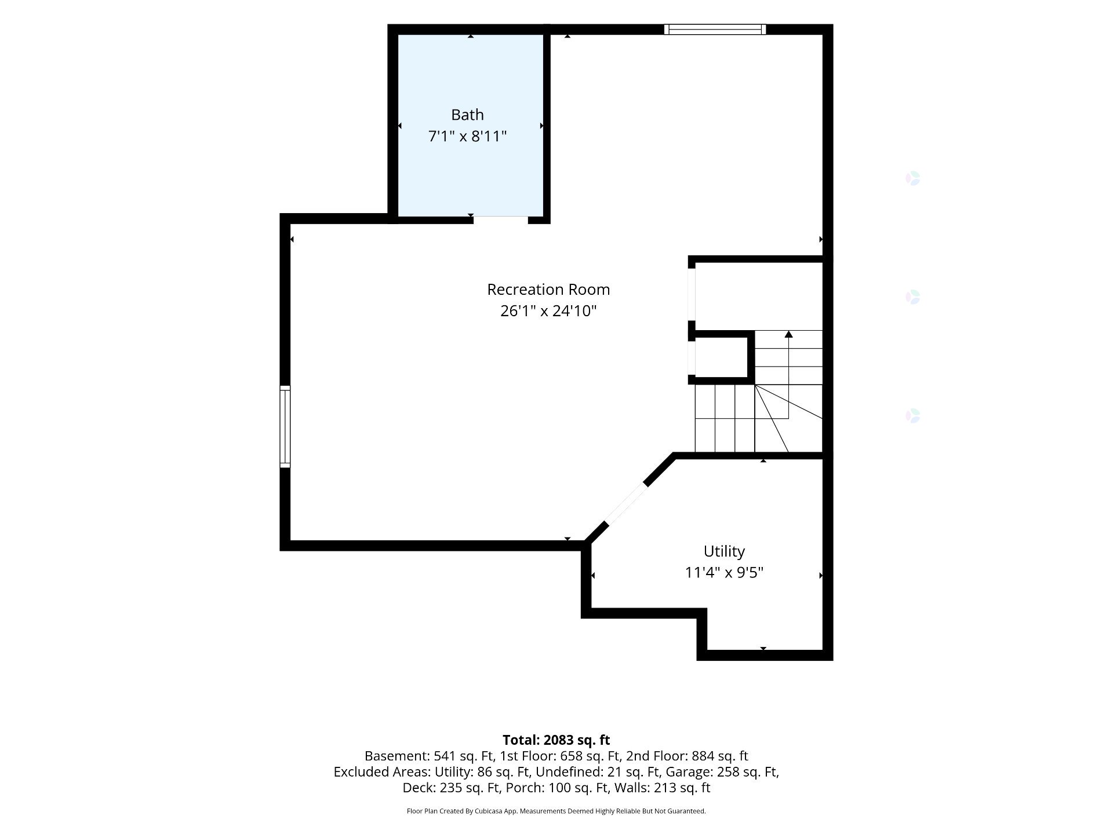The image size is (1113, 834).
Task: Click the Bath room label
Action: pyautogui.click(x=467, y=115)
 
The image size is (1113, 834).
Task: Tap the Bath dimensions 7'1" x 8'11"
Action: pyautogui.click(x=467, y=137)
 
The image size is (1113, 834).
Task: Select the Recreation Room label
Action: pyautogui.click(x=548, y=289)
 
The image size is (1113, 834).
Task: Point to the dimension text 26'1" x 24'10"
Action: pyautogui.click(x=548, y=311)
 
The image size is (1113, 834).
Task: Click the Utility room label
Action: pyautogui.click(x=724, y=551)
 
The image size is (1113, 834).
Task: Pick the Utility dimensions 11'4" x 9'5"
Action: pyautogui.click(x=724, y=573)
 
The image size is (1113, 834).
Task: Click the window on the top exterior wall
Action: pyautogui.click(x=715, y=30)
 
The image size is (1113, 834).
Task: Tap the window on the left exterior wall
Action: pyautogui.click(x=285, y=427)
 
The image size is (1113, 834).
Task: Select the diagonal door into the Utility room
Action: pyautogui.click(x=625, y=503)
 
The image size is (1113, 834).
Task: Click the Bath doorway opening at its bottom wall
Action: pyautogui.click(x=501, y=219)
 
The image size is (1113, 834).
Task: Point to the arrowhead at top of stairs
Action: pyautogui.click(x=788, y=334)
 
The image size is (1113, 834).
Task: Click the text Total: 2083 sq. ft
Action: pyautogui.click(x=556, y=740)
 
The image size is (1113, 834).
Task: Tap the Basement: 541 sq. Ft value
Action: pyautogui.click(x=430, y=756)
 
